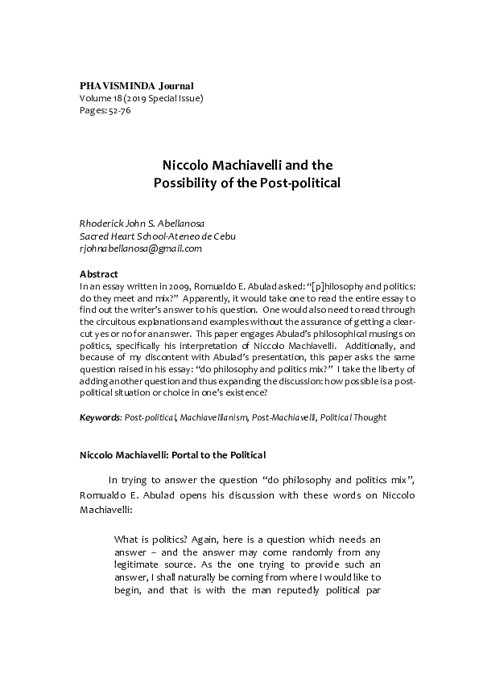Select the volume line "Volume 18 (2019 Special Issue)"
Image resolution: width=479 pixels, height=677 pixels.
[x=141, y=98]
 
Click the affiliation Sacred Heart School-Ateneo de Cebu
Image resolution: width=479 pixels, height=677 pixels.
[x=158, y=236]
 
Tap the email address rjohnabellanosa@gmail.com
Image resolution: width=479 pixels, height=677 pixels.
[x=140, y=248]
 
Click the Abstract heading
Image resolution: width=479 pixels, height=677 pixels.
[x=99, y=274]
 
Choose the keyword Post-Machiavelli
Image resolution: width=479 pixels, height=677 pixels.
[x=279, y=418]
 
